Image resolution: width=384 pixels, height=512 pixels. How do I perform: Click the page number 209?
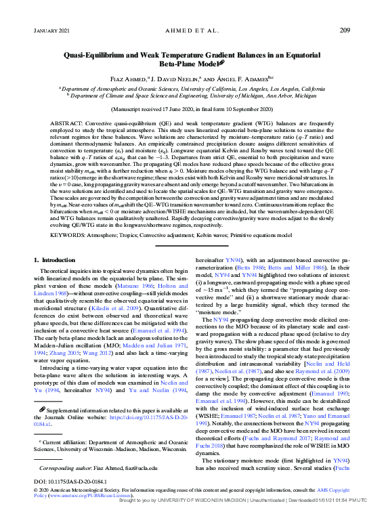(x=344, y=30)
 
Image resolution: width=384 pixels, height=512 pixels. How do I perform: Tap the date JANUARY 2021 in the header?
(x=51, y=31)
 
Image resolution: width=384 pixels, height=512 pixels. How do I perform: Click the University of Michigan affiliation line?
(x=192, y=95)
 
